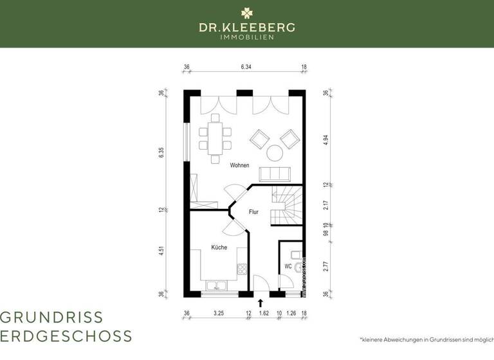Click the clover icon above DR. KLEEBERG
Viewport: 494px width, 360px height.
247,12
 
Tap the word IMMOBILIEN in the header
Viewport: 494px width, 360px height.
247,37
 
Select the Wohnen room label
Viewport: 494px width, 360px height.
240,165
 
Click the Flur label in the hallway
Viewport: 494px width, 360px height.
254,212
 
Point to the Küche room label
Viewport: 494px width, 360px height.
219,247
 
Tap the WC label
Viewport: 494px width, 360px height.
288,265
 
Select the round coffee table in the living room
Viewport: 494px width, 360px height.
275,153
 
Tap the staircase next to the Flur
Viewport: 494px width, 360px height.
286,205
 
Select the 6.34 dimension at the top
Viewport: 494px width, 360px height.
246,66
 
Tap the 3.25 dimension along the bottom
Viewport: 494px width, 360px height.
218,314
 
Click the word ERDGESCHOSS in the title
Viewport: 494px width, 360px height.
66,336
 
